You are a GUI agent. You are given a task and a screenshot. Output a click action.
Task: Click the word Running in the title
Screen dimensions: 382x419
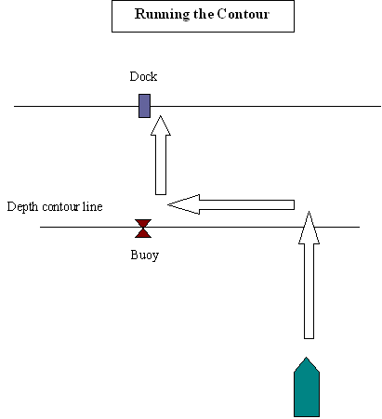coord(163,14)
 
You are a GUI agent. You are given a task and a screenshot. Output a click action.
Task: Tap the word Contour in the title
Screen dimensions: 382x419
coord(244,14)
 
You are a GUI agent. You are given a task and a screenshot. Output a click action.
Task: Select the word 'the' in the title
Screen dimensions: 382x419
coord(204,14)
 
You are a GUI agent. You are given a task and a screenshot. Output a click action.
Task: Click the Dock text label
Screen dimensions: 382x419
coord(143,76)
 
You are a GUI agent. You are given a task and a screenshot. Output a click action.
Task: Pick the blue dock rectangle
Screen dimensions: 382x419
coord(144,106)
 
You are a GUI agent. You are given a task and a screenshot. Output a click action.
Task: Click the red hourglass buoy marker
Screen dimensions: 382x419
coord(143,229)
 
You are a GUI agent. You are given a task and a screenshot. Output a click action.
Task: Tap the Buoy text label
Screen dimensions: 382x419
coord(145,255)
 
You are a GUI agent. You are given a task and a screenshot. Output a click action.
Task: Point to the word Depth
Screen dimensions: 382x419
coord(23,207)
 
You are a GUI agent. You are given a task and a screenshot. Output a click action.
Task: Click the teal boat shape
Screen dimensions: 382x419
coord(307,387)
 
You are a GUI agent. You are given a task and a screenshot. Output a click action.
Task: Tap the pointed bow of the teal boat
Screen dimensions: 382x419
coord(307,358)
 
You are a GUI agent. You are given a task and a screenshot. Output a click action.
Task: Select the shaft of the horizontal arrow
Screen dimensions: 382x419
coord(247,204)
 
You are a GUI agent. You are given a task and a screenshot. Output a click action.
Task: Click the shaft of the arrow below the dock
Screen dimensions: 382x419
coord(161,164)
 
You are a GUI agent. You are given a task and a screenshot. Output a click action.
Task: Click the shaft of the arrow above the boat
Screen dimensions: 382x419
coord(309,291)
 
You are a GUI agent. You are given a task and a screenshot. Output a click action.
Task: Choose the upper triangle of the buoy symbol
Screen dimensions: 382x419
coord(143,223)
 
